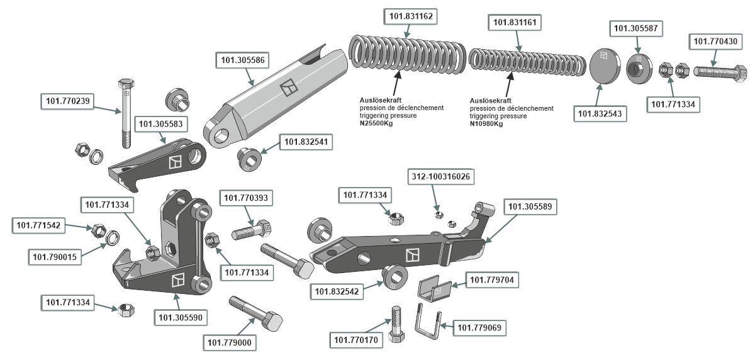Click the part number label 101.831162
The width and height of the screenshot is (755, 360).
410,15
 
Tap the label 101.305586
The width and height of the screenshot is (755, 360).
242,61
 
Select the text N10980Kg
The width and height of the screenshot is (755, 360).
486,123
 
